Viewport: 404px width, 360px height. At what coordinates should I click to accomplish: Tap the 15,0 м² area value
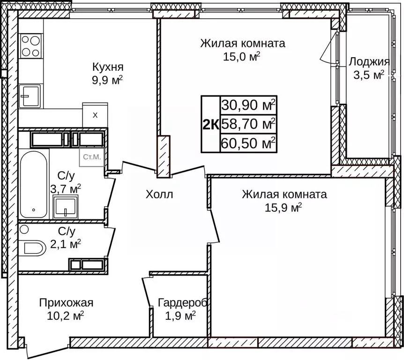click(242, 57)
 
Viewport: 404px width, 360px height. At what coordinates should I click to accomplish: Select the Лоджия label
click(369, 62)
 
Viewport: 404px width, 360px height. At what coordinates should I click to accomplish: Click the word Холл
click(159, 194)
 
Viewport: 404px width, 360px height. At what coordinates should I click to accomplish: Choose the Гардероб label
click(182, 302)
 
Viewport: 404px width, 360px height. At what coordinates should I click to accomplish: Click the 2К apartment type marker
click(210, 124)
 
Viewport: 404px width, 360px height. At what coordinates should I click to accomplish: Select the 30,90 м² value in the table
click(248, 105)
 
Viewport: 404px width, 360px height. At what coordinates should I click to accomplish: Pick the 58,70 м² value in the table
click(248, 124)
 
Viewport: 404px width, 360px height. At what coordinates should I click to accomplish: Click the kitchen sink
click(30, 96)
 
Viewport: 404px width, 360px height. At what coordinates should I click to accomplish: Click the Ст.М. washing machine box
click(92, 157)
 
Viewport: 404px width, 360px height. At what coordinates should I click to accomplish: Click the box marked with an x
click(95, 115)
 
